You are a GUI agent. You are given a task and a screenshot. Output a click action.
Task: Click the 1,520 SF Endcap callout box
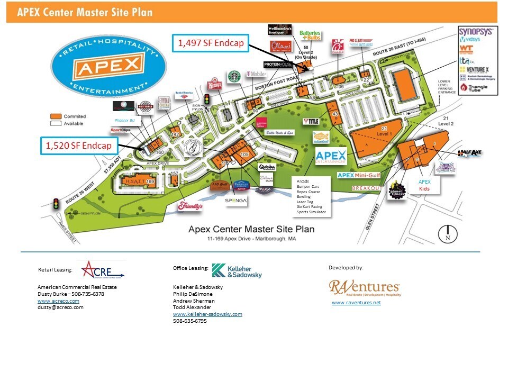[78, 146]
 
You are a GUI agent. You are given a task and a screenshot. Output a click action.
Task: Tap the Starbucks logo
[234, 77]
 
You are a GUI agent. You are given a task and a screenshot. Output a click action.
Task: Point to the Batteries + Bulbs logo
[310, 35]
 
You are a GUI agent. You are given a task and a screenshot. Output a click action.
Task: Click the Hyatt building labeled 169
[136, 181]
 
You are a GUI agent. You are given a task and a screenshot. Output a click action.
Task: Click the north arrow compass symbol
[448, 233]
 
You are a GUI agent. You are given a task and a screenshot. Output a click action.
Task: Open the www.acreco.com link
[58, 301]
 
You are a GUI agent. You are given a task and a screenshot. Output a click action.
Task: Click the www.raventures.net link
[356, 303]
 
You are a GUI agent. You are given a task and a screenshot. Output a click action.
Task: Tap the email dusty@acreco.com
[60, 307]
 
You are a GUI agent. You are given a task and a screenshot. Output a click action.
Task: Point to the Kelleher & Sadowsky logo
[237, 270]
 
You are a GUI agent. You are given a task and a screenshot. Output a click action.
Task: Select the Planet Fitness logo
[396, 191]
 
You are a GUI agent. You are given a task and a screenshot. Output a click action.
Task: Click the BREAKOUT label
[367, 188]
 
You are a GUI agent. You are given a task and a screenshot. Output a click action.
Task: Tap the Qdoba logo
[266, 166]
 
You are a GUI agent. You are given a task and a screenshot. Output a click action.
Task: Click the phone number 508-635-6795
[190, 321]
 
